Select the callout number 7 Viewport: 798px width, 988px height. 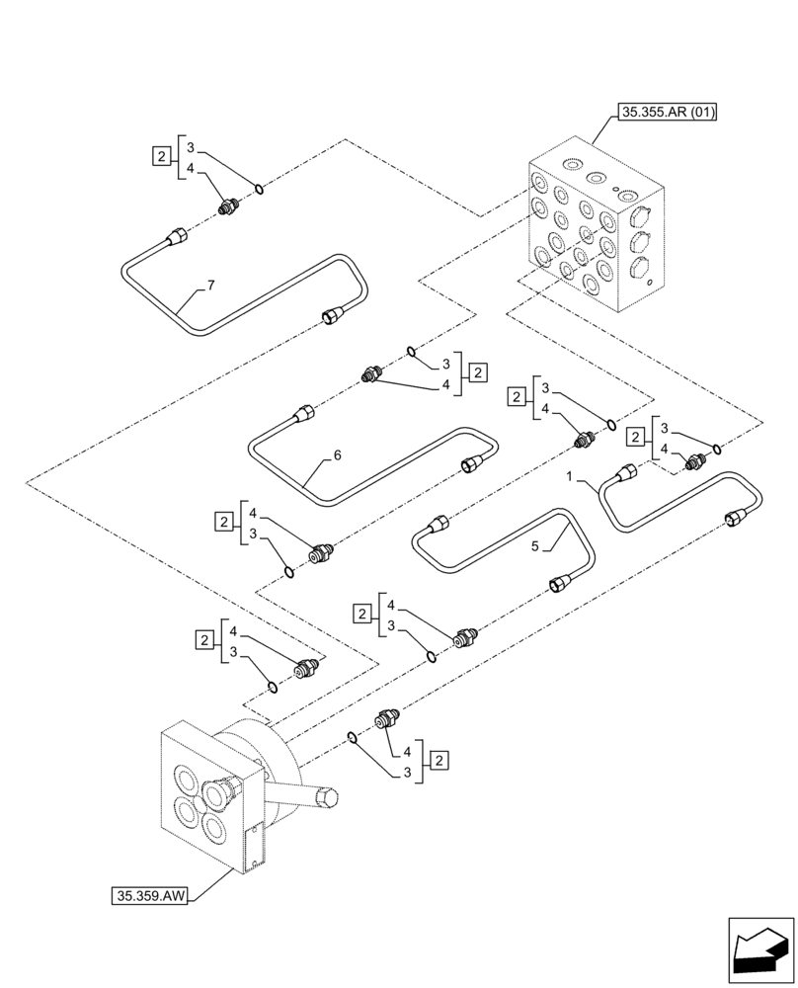[209, 286]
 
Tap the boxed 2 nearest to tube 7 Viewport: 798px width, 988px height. [160, 155]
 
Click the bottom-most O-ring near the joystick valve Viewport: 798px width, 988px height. [352, 736]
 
